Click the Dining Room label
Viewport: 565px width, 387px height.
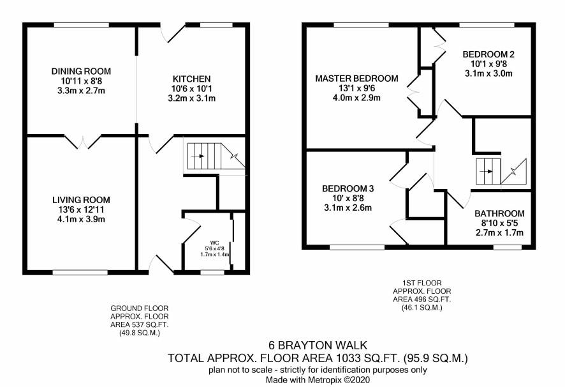tap(81, 71)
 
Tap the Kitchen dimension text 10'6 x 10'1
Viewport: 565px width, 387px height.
tap(191, 88)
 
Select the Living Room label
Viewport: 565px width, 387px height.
tap(81, 200)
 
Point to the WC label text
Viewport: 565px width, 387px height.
tap(215, 243)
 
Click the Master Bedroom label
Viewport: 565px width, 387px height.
tap(356, 79)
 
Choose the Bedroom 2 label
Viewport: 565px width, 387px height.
tap(488, 54)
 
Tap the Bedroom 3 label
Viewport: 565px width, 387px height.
tap(348, 188)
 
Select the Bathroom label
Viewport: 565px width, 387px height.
tap(499, 213)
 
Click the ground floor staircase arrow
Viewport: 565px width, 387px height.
tap(198, 156)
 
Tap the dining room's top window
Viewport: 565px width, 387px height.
tap(82, 26)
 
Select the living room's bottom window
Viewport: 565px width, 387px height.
tap(80, 272)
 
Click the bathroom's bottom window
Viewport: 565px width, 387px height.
tap(508, 247)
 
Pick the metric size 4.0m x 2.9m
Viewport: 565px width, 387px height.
tap(356, 98)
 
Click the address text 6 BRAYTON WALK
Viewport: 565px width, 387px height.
tap(318, 345)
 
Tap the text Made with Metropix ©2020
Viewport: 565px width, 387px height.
tap(318, 380)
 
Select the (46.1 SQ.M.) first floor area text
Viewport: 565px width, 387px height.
tap(422, 308)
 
